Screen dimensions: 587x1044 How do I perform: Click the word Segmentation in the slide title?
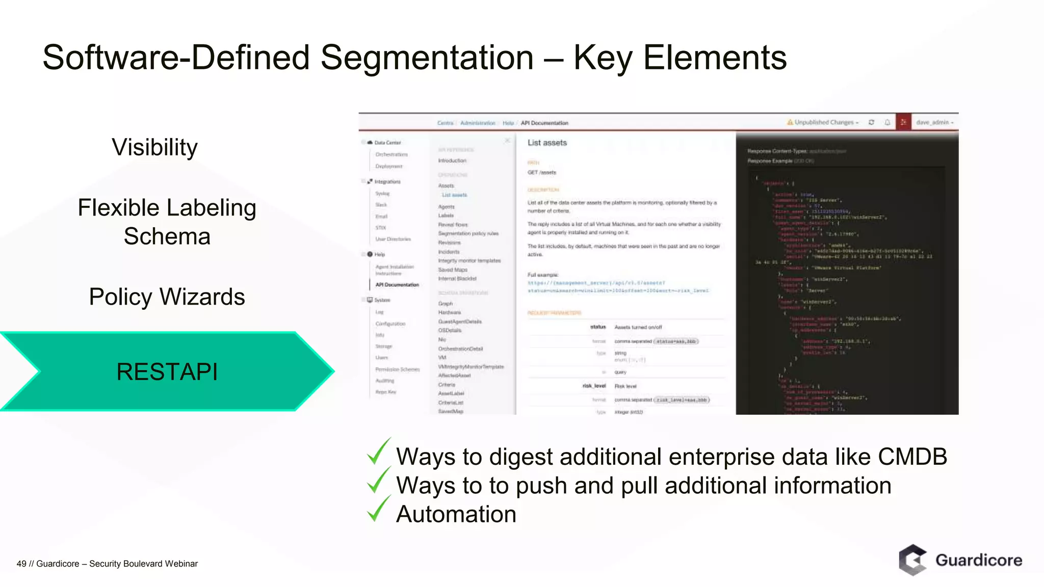click(x=427, y=58)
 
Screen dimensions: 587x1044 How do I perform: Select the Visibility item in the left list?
click(x=154, y=147)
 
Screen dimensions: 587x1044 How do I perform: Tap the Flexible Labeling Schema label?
click(x=167, y=222)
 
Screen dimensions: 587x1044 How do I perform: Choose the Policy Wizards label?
click(x=167, y=297)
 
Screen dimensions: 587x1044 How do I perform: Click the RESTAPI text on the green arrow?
click(x=167, y=371)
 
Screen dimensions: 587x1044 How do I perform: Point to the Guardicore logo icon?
click(x=912, y=559)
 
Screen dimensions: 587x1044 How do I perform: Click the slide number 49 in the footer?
click(x=21, y=564)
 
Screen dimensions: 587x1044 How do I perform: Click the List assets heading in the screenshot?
click(x=547, y=143)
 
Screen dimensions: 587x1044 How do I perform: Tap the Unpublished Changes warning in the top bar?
click(x=823, y=122)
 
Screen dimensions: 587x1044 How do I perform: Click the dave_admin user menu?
click(x=934, y=122)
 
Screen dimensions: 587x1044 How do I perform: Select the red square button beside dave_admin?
click(x=903, y=122)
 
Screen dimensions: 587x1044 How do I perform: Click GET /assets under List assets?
click(x=542, y=173)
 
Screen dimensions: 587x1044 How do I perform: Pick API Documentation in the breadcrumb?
click(x=544, y=123)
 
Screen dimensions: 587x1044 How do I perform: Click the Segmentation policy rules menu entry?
click(x=468, y=233)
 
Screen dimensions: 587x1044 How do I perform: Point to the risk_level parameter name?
click(x=594, y=386)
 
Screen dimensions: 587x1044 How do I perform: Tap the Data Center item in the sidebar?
click(x=387, y=143)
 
